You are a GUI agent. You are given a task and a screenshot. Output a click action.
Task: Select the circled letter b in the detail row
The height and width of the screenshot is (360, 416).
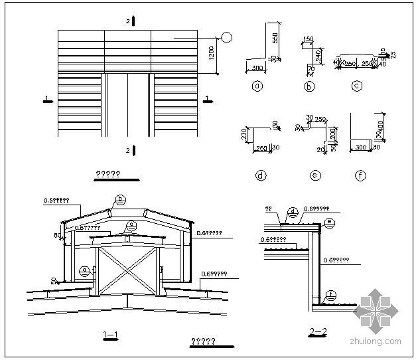pyautogui.click(x=309, y=86)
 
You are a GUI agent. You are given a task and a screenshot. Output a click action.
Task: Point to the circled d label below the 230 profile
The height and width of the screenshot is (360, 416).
pyautogui.click(x=261, y=176)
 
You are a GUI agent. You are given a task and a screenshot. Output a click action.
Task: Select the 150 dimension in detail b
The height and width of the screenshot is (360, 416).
pyautogui.click(x=308, y=40)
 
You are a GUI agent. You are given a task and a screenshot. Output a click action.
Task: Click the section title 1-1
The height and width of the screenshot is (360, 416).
pyautogui.click(x=111, y=334)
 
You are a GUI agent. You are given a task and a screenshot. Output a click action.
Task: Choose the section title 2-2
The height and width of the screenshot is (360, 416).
pyautogui.click(x=319, y=331)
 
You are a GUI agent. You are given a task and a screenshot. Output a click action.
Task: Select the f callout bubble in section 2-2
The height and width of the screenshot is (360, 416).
pyautogui.click(x=330, y=294)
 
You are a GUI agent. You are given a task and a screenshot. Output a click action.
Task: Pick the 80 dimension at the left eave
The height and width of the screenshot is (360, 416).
pyautogui.click(x=58, y=234)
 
